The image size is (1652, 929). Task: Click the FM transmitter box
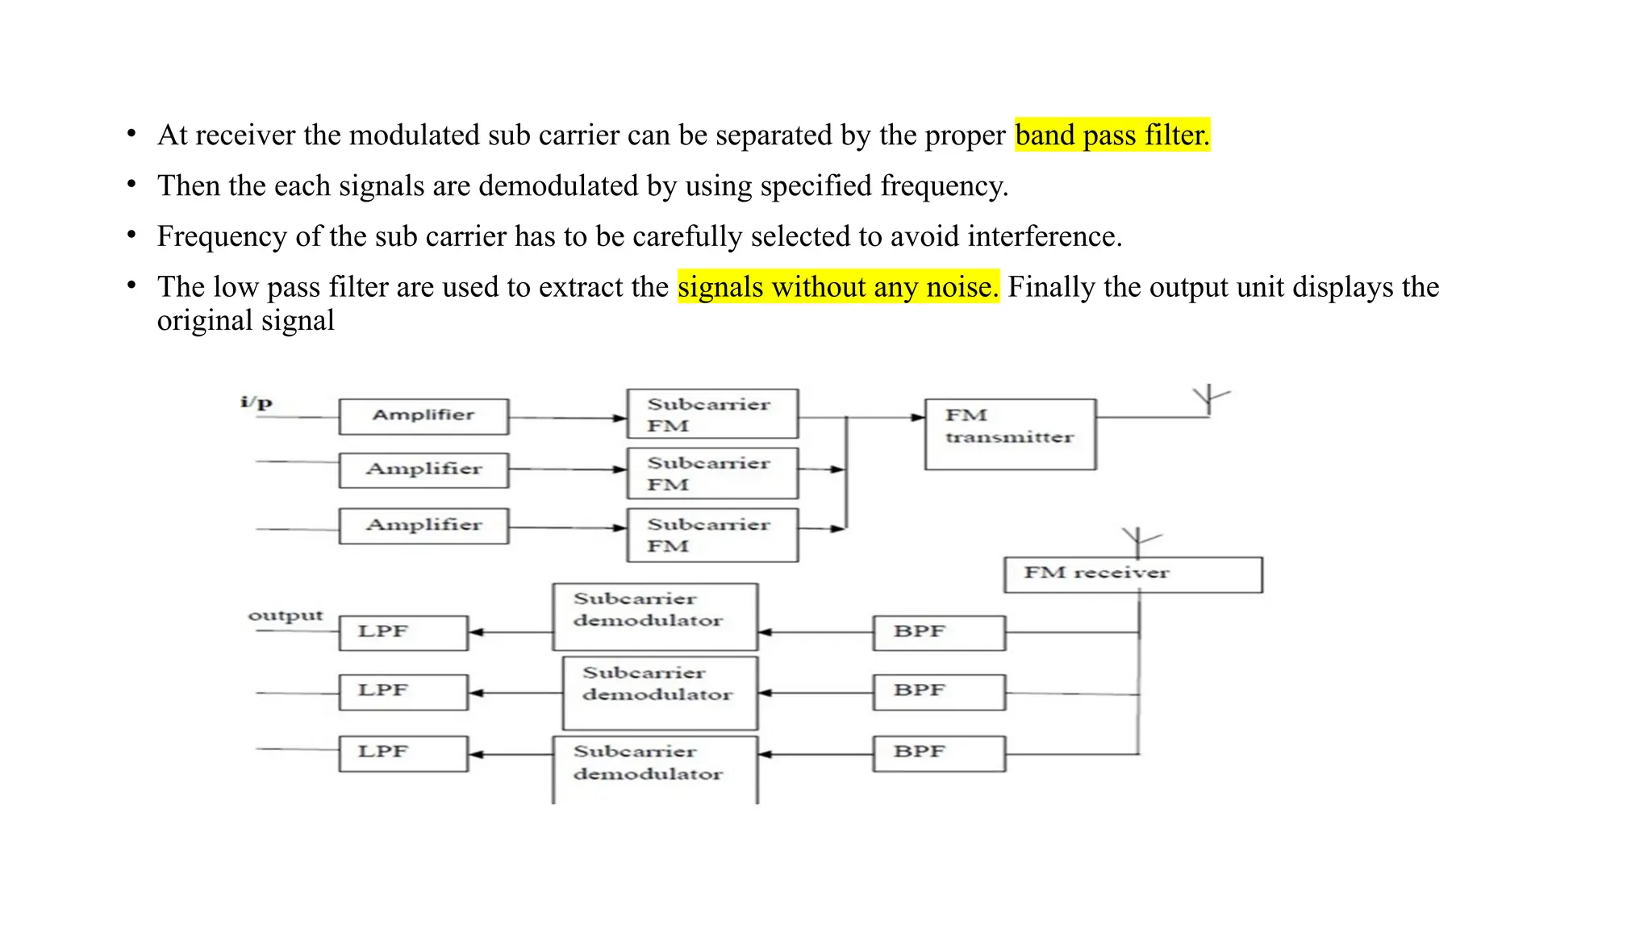(x=1010, y=434)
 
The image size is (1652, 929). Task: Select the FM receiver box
(x=1133, y=574)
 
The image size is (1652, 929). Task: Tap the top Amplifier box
(x=423, y=416)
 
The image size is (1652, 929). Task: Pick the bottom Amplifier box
(x=423, y=526)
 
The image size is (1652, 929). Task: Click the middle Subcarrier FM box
(x=712, y=473)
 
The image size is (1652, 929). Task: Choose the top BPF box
(x=939, y=632)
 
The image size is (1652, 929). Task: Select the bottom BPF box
(x=939, y=753)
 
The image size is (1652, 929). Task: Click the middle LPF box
(x=403, y=692)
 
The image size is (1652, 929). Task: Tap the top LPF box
(x=403, y=632)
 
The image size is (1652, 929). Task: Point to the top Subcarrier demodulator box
(x=655, y=617)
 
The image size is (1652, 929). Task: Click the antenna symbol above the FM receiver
(x=1139, y=539)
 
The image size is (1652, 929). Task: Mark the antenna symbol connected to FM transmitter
(x=1209, y=398)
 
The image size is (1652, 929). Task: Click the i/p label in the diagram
(x=257, y=402)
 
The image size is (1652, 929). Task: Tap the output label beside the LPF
(x=285, y=615)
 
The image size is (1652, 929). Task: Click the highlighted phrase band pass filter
(x=1112, y=135)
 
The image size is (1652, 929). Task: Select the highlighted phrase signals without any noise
(x=838, y=286)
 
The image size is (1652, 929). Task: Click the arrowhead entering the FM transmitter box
(x=918, y=418)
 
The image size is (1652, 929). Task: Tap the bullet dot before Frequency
(x=131, y=235)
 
